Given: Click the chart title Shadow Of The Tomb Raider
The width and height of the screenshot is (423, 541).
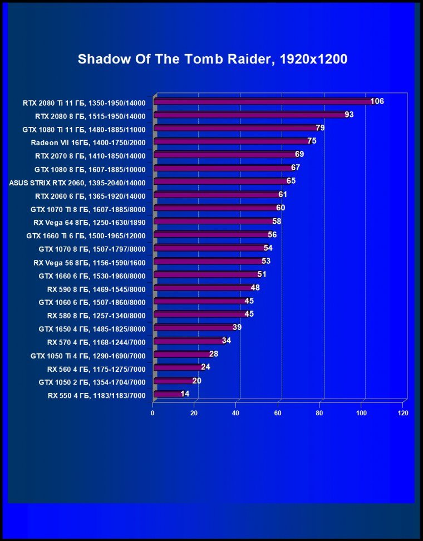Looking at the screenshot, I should coord(212,60).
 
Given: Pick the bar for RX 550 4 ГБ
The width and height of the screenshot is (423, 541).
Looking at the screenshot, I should coord(168,394).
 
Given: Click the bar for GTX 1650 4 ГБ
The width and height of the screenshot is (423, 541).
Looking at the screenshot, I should coord(194,327).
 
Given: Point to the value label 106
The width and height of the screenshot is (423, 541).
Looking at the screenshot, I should coord(377,101).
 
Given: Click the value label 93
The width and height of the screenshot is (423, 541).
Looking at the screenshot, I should coord(349,115).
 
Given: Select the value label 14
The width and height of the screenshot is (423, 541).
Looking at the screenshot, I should coord(185,394).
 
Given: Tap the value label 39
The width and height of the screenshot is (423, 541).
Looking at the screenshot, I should coord(237,327).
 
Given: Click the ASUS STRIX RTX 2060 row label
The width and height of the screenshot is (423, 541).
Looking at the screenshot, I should coord(77,183).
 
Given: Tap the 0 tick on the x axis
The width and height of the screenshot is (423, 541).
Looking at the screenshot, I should coord(153,414).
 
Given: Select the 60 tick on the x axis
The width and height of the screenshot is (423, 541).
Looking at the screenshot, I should coord(278,414).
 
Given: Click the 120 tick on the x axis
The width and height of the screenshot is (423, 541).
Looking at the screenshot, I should coord(403,414).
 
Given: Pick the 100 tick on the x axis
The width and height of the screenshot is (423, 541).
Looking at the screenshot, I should coord(361,414).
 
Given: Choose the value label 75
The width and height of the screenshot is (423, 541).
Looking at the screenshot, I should coord(312,141).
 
